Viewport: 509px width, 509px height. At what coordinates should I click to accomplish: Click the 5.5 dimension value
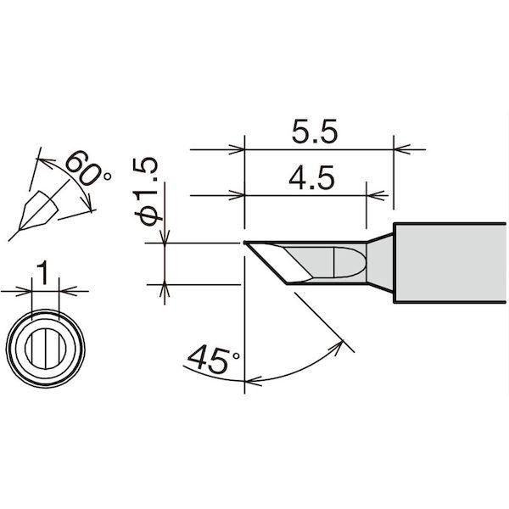[x=314, y=132]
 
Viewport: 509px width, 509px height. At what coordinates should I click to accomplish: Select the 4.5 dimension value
[x=311, y=178]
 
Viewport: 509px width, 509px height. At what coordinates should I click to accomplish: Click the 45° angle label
[x=213, y=360]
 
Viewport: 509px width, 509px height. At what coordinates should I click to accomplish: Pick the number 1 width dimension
[x=42, y=274]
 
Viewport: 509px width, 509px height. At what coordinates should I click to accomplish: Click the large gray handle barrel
[x=450, y=263]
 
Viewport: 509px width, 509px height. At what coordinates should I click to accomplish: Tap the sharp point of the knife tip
[x=244, y=242]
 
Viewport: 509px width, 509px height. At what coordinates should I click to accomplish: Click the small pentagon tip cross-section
[x=38, y=210]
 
